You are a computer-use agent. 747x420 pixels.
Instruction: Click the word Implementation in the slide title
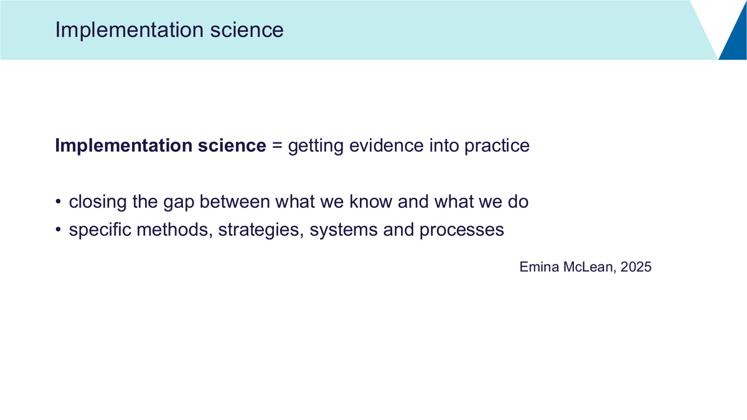(x=129, y=30)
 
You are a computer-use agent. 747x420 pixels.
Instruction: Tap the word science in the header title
(x=247, y=30)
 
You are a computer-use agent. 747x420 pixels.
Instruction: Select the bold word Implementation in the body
(x=124, y=146)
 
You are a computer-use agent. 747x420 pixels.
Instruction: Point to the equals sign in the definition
(x=277, y=146)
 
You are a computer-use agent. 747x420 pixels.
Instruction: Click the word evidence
(x=386, y=146)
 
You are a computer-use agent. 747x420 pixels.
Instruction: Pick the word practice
(x=497, y=146)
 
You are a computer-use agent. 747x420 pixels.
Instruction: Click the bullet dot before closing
(x=59, y=202)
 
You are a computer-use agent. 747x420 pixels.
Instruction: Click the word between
(x=235, y=202)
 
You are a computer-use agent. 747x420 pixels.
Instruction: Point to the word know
(x=371, y=202)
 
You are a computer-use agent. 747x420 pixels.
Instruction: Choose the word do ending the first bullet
(x=518, y=202)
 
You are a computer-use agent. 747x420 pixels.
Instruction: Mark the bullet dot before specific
(x=59, y=230)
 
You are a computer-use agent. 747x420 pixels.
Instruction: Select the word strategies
(x=261, y=230)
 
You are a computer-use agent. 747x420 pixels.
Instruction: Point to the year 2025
(x=636, y=267)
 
